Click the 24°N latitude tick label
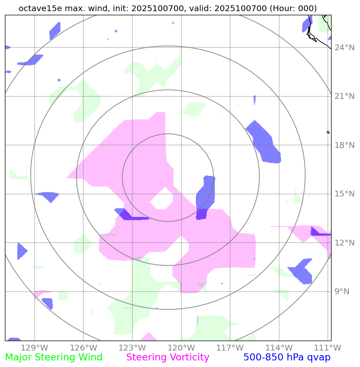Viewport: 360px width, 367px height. click(x=344, y=48)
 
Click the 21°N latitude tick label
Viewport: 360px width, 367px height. click(x=344, y=96)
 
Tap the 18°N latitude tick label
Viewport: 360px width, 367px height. click(x=344, y=145)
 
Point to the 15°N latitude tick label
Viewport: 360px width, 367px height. click(x=344, y=194)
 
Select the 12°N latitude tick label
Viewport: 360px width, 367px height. click(x=344, y=243)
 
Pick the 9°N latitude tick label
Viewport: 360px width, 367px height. click(x=341, y=292)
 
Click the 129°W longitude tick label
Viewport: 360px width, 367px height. click(x=35, y=348)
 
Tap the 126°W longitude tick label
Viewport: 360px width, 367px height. click(x=84, y=348)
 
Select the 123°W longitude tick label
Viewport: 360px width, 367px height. click(x=132, y=348)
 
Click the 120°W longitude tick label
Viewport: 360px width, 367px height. click(x=181, y=348)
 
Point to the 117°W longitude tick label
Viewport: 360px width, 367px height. click(x=230, y=348)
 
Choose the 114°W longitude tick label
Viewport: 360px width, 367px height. click(x=279, y=348)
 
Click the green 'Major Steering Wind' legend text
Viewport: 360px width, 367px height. click(x=54, y=358)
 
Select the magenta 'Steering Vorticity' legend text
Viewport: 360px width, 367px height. click(x=168, y=358)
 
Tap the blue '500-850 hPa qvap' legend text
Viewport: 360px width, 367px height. click(x=287, y=358)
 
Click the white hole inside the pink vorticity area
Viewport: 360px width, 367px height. click(x=162, y=201)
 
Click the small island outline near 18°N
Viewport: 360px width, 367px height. click(x=328, y=132)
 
